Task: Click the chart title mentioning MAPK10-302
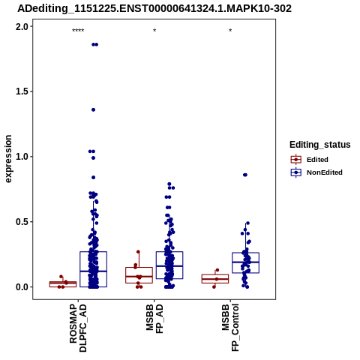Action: [154, 8]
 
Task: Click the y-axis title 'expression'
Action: [8, 159]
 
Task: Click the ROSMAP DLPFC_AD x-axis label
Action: [78, 328]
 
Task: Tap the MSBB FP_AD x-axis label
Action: [154, 319]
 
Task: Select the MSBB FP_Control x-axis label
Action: [230, 328]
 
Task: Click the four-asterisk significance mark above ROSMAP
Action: [78, 31]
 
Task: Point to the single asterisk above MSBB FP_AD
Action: [154, 31]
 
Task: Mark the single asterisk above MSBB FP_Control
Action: [230, 31]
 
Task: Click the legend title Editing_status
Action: [320, 145]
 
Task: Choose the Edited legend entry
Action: [309, 160]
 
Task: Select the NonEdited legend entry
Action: [316, 172]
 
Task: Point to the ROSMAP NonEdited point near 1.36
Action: [93, 109]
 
